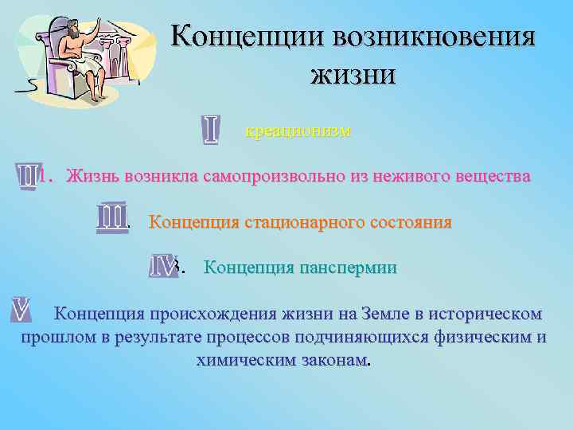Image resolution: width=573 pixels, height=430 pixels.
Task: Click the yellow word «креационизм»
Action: [298, 131]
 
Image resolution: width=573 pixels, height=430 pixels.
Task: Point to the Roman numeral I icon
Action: [211, 131]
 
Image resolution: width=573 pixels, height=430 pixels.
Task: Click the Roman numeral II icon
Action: [28, 176]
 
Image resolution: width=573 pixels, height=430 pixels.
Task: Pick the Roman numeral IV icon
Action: [164, 266]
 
